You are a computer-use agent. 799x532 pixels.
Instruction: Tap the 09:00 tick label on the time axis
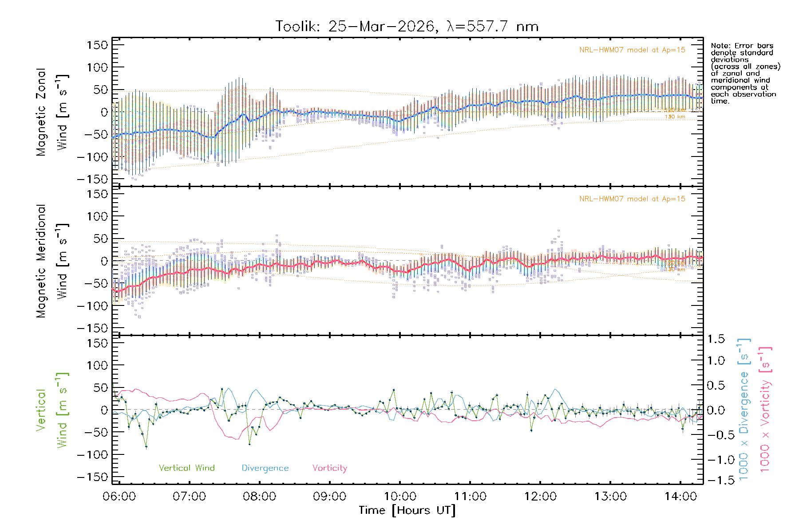tap(329, 497)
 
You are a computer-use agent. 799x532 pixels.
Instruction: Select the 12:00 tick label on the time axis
tap(540, 497)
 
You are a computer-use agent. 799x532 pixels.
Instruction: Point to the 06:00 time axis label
tap(119, 497)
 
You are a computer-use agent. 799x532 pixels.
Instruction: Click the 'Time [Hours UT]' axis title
tap(407, 511)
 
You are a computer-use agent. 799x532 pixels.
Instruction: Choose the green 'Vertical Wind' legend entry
tap(186, 468)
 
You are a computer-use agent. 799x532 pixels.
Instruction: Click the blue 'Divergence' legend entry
tap(265, 468)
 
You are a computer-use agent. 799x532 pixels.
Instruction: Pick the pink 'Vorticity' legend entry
tap(329, 468)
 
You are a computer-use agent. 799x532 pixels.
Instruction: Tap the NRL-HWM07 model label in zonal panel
tap(632, 50)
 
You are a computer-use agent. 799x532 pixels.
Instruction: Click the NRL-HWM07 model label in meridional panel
tap(632, 199)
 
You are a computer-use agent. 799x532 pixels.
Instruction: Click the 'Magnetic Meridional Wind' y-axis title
tap(52, 261)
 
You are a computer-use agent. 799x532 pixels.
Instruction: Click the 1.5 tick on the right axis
tap(716, 339)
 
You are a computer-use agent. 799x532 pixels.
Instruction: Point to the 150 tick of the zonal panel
tap(97, 45)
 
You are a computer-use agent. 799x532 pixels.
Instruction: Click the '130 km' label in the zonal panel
tap(675, 117)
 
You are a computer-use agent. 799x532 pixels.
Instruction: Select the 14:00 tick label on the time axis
tap(680, 497)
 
